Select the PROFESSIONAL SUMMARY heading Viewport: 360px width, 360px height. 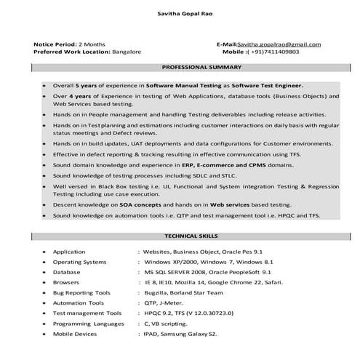[201, 67]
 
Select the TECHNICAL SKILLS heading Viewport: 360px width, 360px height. [191, 237]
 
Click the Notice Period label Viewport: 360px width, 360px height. [55, 45]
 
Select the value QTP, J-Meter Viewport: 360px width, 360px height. [164, 302]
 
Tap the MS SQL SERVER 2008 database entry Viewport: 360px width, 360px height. [177, 271]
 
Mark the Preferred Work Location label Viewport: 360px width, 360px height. [71, 52]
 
